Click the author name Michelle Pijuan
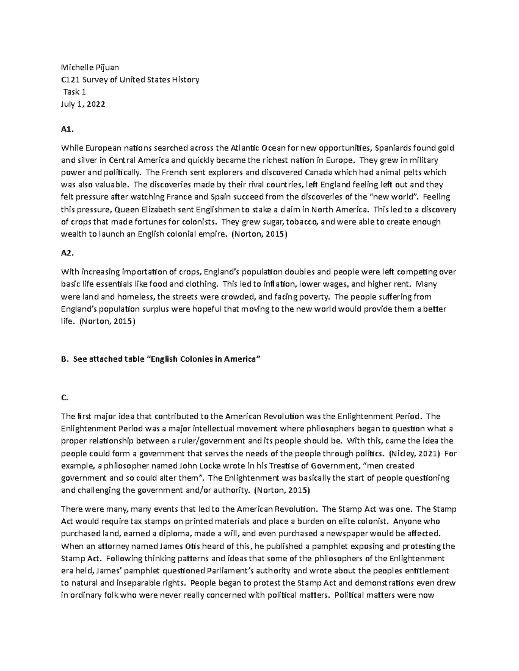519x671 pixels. point(90,67)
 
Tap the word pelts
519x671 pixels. point(409,173)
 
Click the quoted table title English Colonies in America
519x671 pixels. point(203,359)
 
